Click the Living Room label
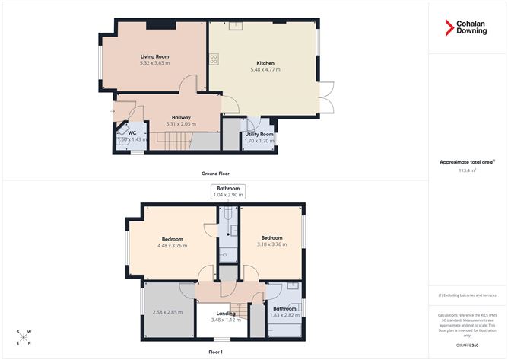[154, 56]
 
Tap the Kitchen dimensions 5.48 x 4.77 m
[265, 69]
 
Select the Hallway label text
[180, 117]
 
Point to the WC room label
[132, 133]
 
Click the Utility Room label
[259, 134]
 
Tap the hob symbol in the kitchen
[214, 57]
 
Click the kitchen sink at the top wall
[237, 26]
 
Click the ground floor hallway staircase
[177, 140]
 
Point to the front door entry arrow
[113, 112]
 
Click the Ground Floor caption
[216, 173]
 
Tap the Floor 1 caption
[216, 352]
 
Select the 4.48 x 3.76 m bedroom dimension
[172, 245]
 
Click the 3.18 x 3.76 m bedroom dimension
[271, 244]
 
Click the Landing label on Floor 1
[227, 314]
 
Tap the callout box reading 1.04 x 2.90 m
[227, 195]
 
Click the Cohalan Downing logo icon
[449, 28]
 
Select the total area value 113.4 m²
[467, 170]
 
